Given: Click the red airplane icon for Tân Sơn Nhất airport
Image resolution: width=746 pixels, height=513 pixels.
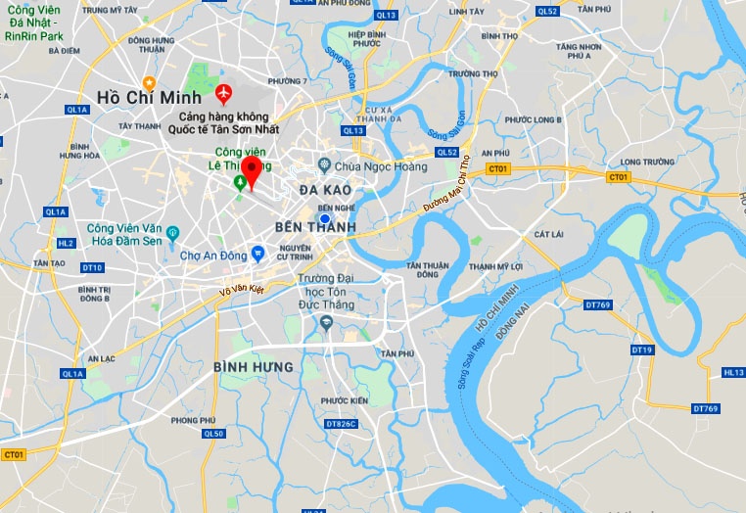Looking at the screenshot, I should (223, 95).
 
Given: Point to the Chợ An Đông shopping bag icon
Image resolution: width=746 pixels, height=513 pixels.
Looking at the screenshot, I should (257, 253).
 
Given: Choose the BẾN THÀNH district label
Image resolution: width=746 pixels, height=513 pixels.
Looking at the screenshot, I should (314, 227).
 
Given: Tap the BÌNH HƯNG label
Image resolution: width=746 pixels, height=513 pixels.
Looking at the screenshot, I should (253, 367).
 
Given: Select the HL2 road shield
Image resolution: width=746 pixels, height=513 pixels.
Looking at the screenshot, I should (66, 243).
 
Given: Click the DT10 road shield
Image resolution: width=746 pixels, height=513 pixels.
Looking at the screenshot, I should (92, 267).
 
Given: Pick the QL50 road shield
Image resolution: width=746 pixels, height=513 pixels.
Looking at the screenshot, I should (213, 434).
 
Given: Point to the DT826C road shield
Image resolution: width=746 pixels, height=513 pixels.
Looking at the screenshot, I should (341, 424).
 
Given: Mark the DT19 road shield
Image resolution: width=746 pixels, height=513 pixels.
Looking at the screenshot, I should (642, 350).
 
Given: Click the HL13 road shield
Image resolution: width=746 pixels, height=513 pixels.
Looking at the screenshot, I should (733, 372).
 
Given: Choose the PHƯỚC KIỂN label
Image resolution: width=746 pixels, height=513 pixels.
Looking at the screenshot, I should (344, 400).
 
